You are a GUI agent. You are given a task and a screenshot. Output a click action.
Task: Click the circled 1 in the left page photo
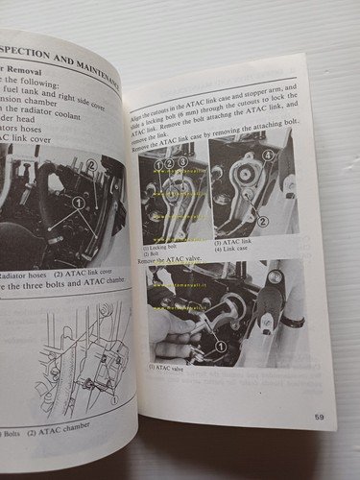coord(78,204)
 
